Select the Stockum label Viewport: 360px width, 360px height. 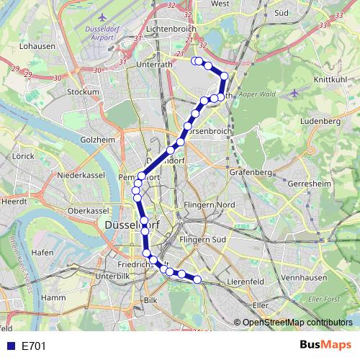(82, 92)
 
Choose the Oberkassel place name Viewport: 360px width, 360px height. (86, 210)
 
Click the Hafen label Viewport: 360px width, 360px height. (42, 252)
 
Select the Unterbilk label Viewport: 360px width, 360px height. (112, 276)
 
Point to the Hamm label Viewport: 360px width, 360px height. (54, 297)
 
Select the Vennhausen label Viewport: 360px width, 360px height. (304, 276)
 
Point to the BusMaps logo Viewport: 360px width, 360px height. (326, 346)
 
